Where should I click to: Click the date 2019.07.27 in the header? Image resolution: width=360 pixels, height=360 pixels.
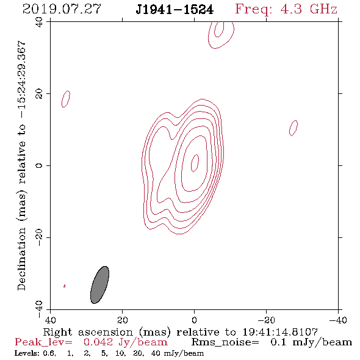pos(62,9)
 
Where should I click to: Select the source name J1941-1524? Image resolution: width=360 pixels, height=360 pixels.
pos(175,10)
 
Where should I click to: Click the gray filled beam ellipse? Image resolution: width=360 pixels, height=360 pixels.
pos(99,285)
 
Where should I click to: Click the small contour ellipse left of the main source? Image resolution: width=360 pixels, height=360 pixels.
pos(66,99)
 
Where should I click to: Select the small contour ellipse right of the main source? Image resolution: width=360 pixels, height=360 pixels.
pos(293,128)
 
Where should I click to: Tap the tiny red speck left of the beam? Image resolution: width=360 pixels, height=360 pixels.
pos(65,286)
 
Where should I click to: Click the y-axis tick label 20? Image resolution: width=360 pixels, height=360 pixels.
pos(39,94)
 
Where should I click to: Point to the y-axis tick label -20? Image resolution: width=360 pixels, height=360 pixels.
pos(39,237)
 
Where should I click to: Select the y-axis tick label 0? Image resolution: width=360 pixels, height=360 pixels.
pos(39,165)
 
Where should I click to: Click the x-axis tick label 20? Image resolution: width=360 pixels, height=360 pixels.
pos(123,320)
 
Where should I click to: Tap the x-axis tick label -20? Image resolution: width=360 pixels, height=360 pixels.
pos(266,320)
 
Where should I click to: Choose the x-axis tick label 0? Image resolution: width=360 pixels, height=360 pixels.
pos(194,320)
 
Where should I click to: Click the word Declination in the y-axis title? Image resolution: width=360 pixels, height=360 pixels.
pos(21,259)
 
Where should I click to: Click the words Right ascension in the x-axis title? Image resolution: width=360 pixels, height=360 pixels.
pos(88,332)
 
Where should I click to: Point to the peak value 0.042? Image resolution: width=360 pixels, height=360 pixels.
pos(98,342)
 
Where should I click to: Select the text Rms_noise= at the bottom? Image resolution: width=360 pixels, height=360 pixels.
pos(225,342)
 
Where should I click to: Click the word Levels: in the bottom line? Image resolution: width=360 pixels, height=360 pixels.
pos(24,353)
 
